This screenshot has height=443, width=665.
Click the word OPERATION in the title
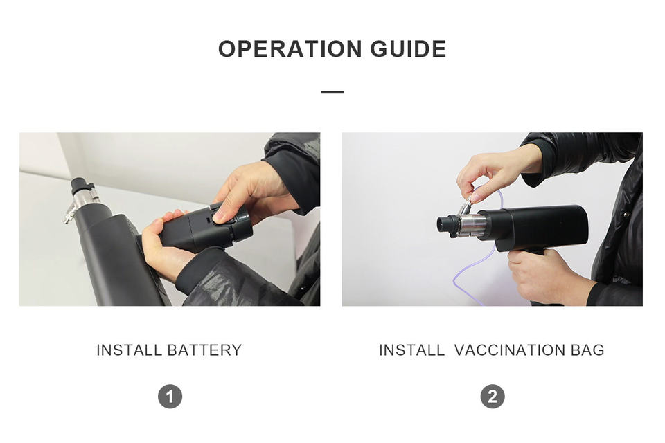tap(290, 48)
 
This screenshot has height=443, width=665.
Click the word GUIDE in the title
tap(409, 48)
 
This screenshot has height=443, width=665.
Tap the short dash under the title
tap(332, 92)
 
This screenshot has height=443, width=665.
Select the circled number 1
tap(170, 397)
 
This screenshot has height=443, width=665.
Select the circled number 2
tap(493, 397)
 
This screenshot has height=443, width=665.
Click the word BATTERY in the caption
tap(204, 350)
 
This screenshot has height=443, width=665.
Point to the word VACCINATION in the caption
tap(510, 350)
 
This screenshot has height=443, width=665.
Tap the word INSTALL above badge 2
tap(411, 350)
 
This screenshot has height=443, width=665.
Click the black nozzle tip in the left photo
tap(80, 186)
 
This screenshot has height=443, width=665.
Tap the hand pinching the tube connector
tap(496, 172)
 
